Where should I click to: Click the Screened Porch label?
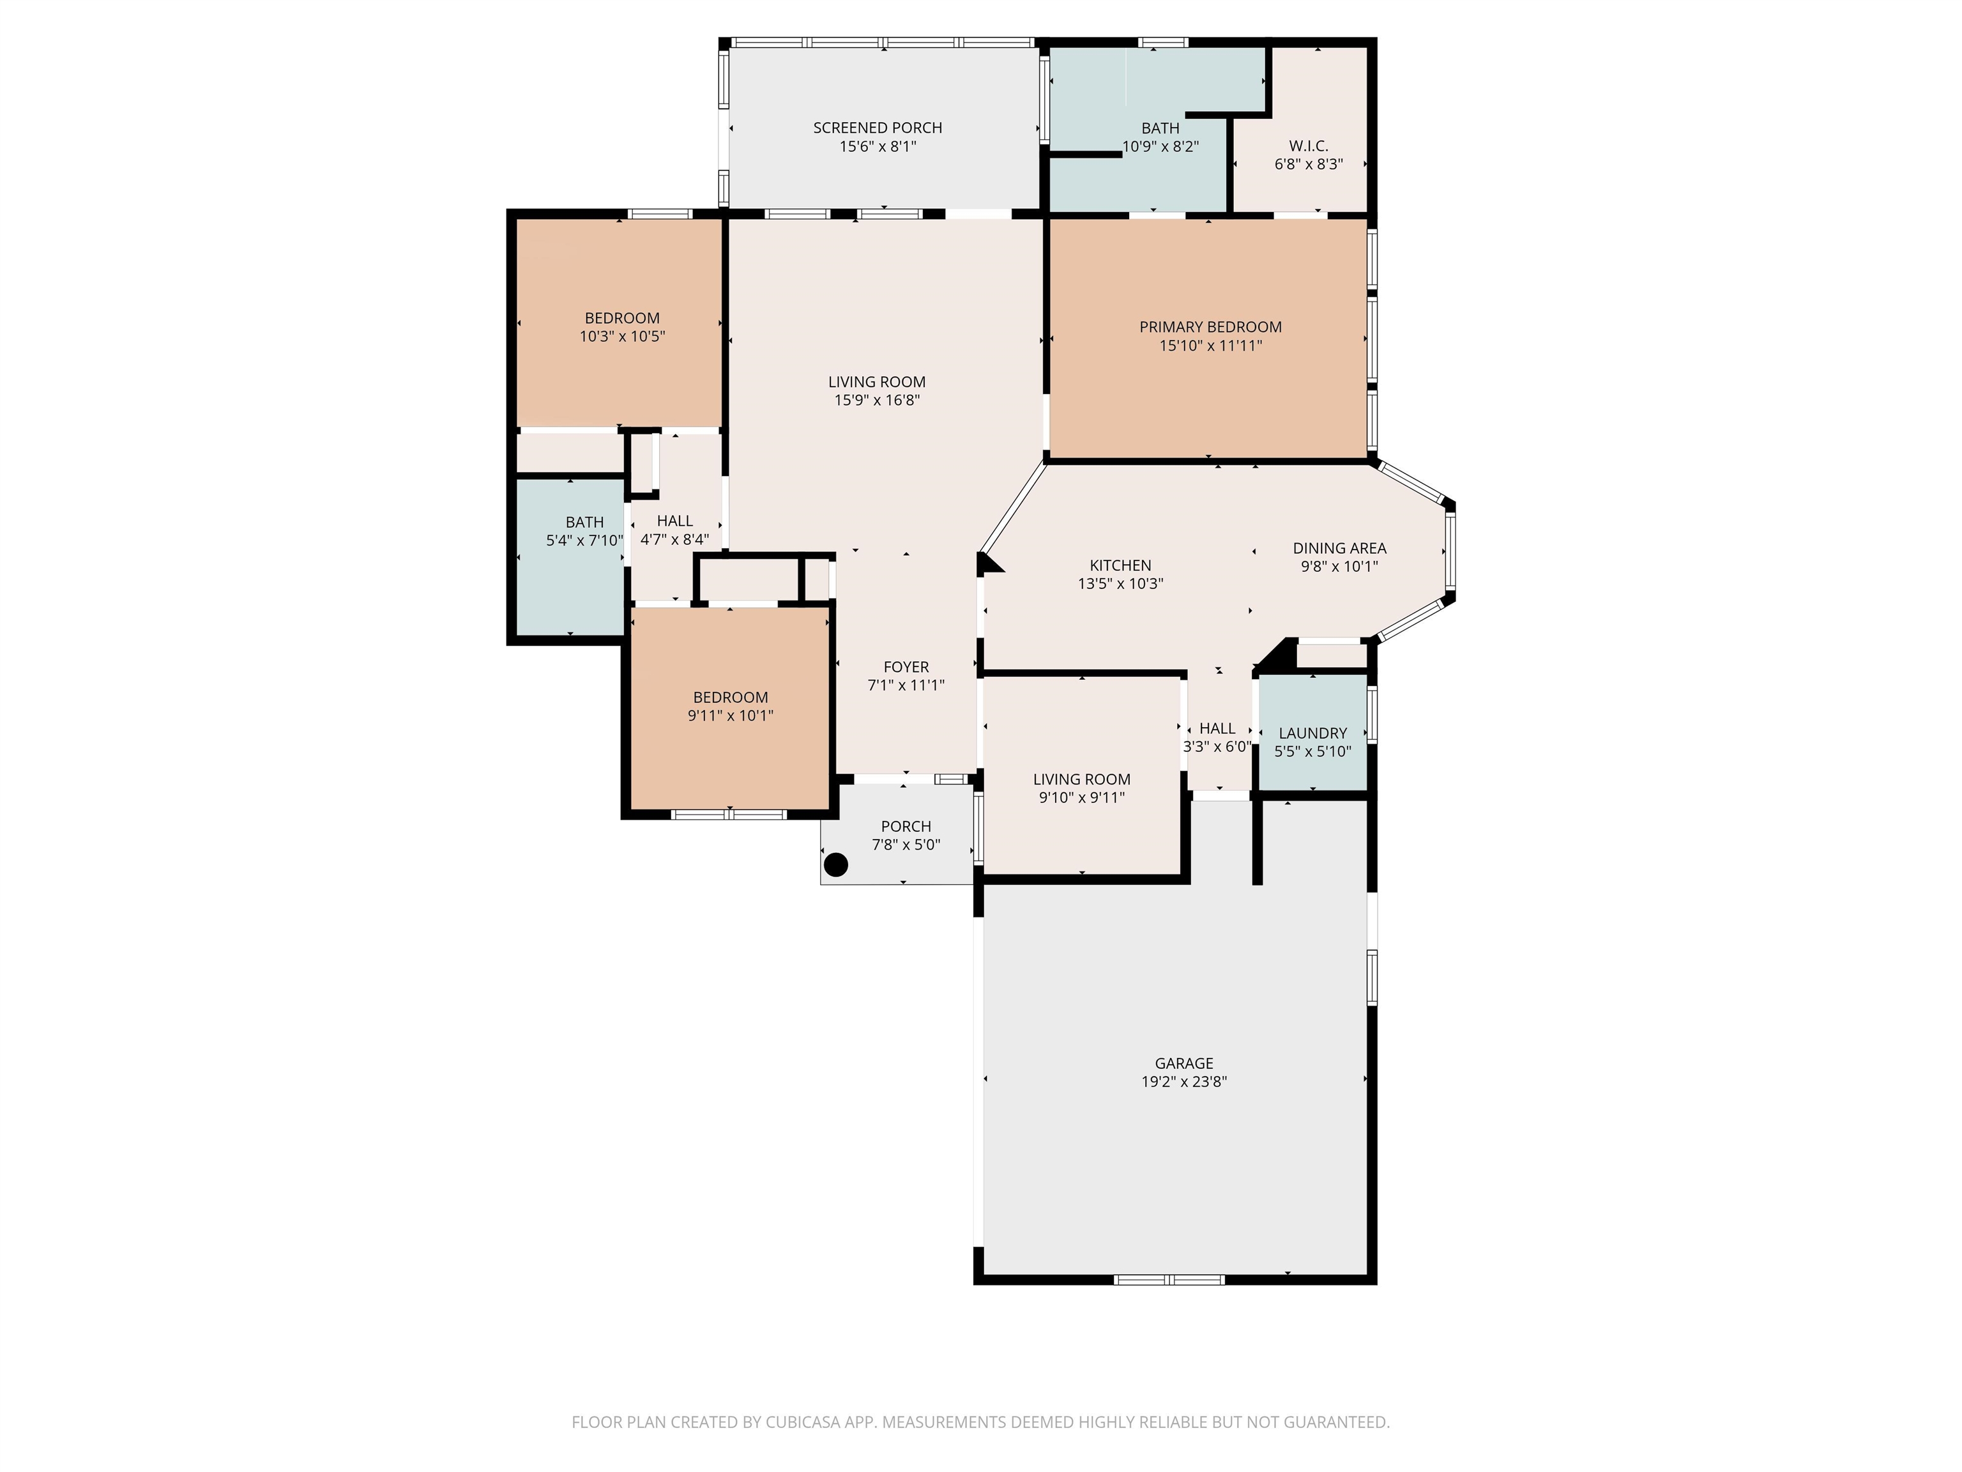pos(878,128)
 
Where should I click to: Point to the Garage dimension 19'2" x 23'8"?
pos(1184,1082)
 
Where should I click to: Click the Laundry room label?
pos(1312,733)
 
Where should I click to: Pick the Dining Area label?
pos(1339,548)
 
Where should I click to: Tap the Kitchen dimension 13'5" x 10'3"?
pos(1120,584)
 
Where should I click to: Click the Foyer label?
pos(906,667)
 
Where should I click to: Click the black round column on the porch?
pos(835,864)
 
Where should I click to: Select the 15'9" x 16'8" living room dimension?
pos(876,400)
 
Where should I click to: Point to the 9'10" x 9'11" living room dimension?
pos(1081,798)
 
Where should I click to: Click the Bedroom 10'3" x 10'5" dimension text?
pos(622,336)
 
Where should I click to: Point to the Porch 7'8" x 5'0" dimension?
pos(906,845)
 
